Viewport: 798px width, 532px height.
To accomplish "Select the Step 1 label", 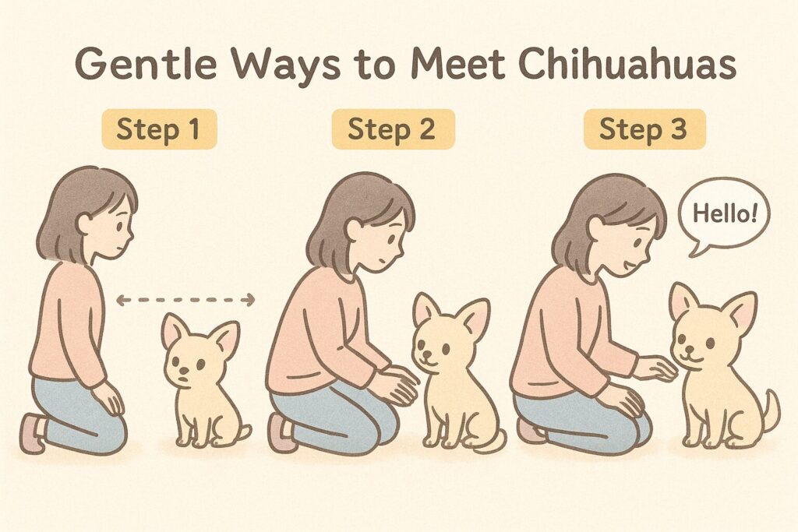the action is point(159,129).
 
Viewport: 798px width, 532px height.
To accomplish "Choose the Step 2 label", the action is point(393,129).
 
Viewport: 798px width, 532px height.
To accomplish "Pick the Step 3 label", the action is point(644,129).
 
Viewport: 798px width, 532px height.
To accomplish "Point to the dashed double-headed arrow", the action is point(185,300).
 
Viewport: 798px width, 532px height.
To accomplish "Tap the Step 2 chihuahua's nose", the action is point(425,354).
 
